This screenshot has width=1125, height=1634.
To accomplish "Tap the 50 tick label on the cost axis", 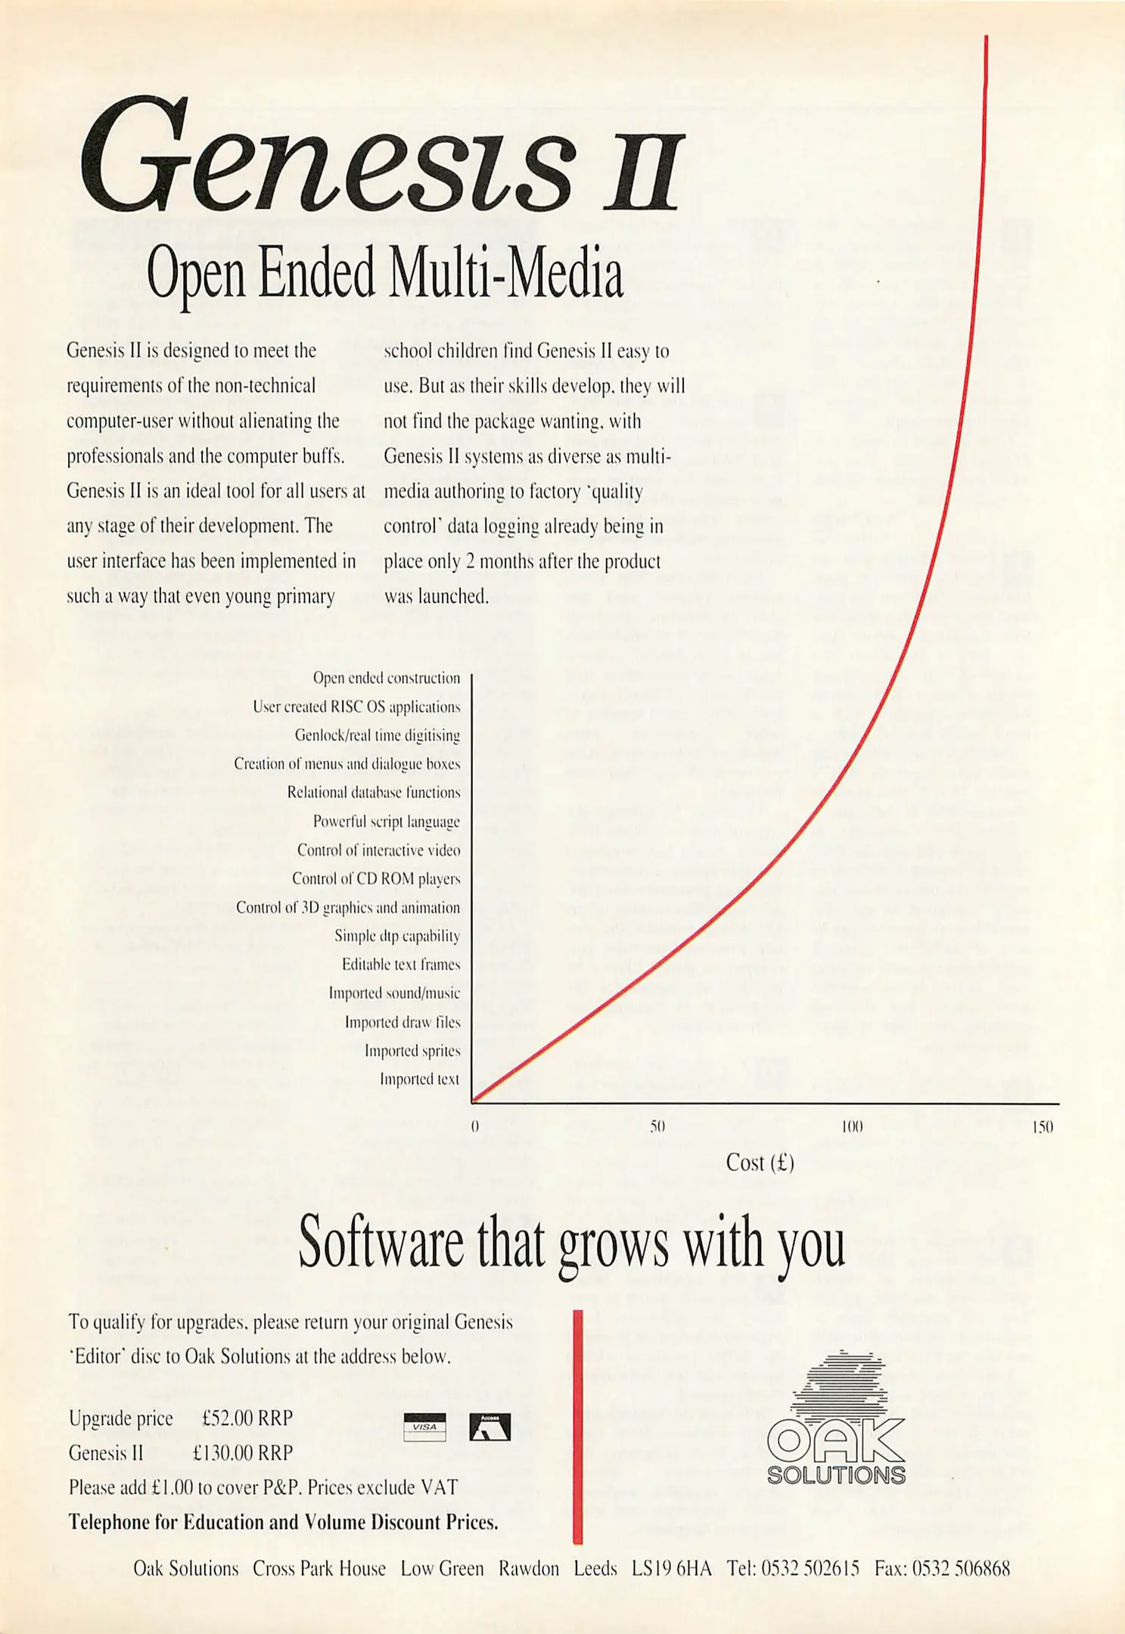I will point(657,1126).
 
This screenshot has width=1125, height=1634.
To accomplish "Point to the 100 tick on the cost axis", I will point(852,1126).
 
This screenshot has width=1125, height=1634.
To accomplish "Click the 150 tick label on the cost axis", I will point(1043,1126).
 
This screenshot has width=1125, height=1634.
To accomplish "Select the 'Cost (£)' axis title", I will point(760,1163).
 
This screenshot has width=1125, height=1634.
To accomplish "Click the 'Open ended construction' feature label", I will point(386,679).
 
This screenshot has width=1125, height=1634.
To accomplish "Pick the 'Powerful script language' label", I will point(386,822).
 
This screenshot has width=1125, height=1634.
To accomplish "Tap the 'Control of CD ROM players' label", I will point(376,879).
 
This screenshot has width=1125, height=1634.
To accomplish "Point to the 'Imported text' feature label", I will point(419,1079).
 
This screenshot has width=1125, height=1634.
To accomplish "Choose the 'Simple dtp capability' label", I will point(397,937).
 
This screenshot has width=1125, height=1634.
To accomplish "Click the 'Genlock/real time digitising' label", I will point(377,735).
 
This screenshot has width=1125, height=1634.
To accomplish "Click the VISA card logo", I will point(424,1427).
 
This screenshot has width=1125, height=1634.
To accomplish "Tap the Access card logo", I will point(489,1427).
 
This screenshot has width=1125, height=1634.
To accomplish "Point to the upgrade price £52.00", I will point(247,1418).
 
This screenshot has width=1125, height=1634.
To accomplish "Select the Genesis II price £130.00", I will point(242,1453).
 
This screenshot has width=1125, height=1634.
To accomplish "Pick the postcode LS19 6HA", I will point(671,1569).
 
